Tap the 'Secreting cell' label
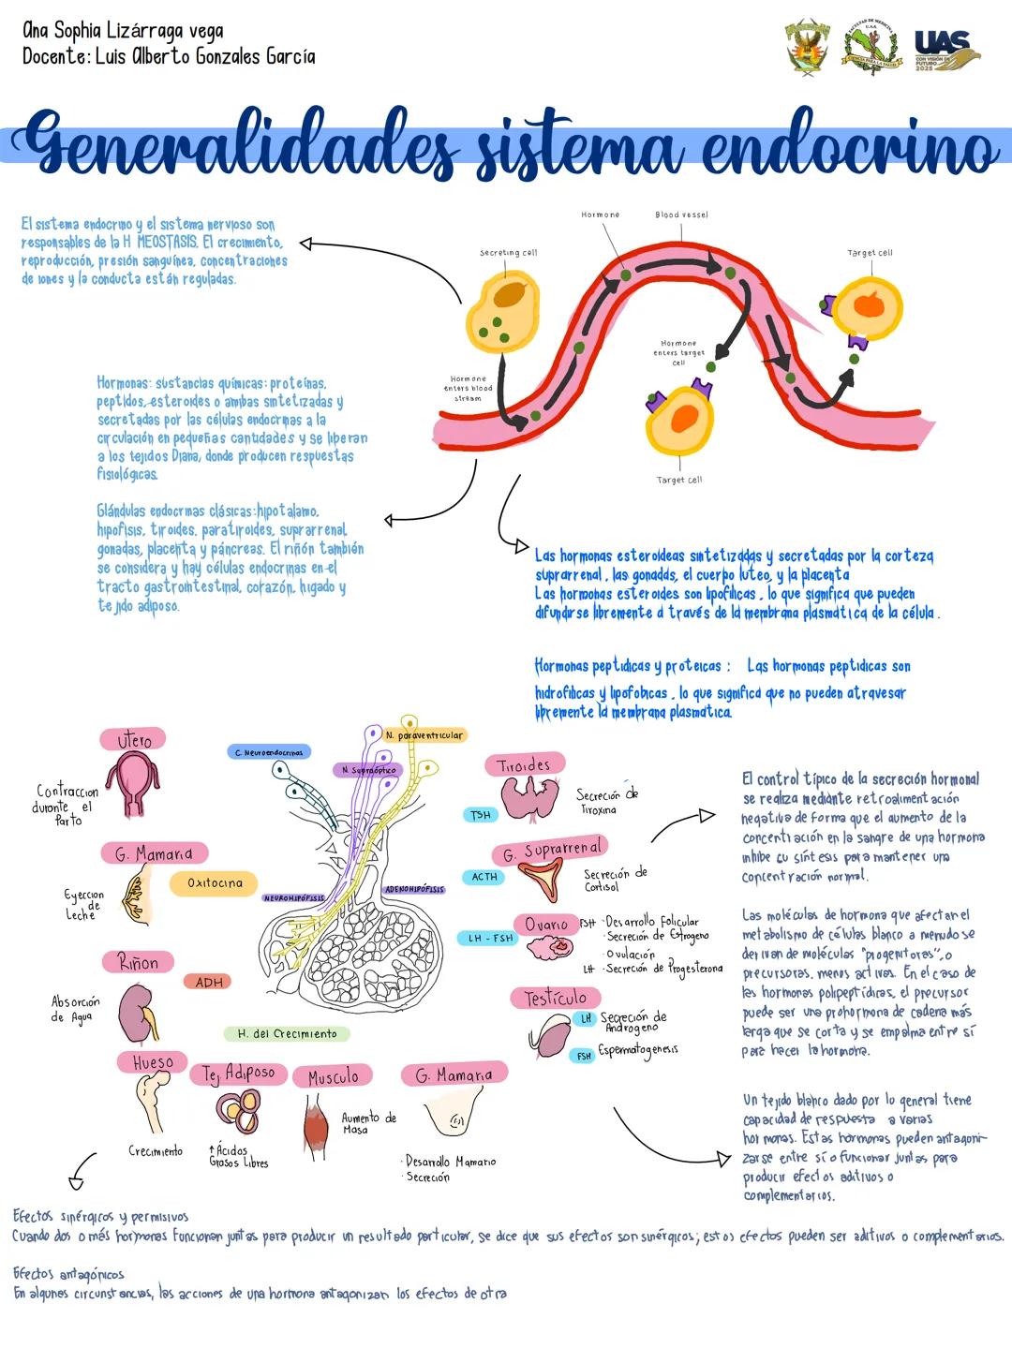tap(508, 253)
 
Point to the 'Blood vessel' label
tap(681, 215)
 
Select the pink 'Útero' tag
tap(133, 740)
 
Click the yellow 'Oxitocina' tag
tap(215, 882)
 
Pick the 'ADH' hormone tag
tap(209, 982)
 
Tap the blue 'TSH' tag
tap(481, 815)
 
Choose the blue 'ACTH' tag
tap(484, 877)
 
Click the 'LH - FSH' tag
tap(491, 938)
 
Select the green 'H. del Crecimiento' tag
tap(287, 1033)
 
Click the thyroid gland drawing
tap(530, 800)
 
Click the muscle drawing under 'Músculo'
tap(317, 1124)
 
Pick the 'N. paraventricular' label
tap(424, 735)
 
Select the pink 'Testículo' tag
tap(555, 999)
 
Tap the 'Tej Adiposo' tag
tap(239, 1074)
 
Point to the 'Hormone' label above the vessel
tap(601, 215)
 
